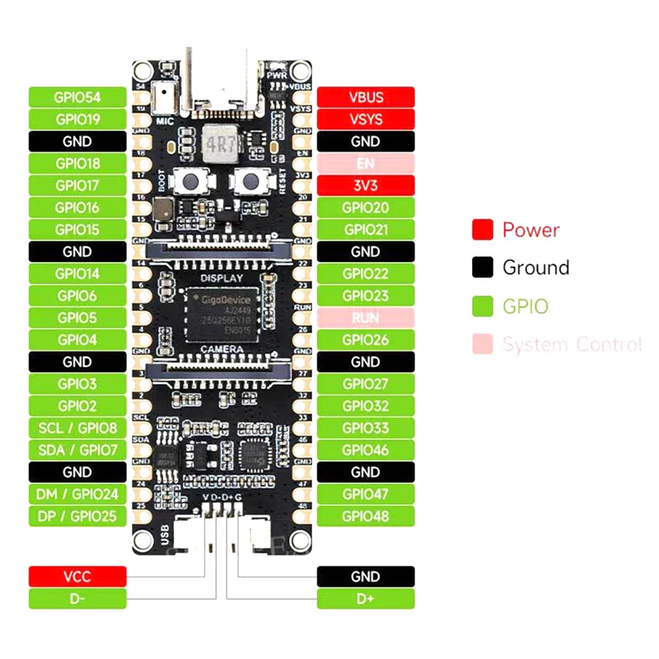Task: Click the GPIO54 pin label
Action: click(x=77, y=97)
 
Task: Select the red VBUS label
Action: click(x=366, y=97)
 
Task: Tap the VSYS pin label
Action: click(x=366, y=119)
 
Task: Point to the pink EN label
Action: click(x=366, y=163)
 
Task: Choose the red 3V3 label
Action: click(x=366, y=185)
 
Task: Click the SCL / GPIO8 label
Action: click(x=77, y=428)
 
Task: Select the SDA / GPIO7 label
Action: click(x=77, y=450)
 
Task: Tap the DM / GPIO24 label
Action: click(x=77, y=494)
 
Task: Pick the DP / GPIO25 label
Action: click(x=77, y=516)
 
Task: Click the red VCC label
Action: click(x=77, y=577)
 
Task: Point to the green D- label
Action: click(x=77, y=599)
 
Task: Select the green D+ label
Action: click(x=366, y=599)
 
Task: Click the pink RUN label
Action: click(x=366, y=317)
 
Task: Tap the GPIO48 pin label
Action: click(x=366, y=516)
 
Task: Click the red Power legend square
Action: click(x=483, y=230)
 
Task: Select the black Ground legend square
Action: click(x=483, y=268)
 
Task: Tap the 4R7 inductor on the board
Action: click(x=221, y=143)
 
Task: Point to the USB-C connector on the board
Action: click(x=221, y=82)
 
